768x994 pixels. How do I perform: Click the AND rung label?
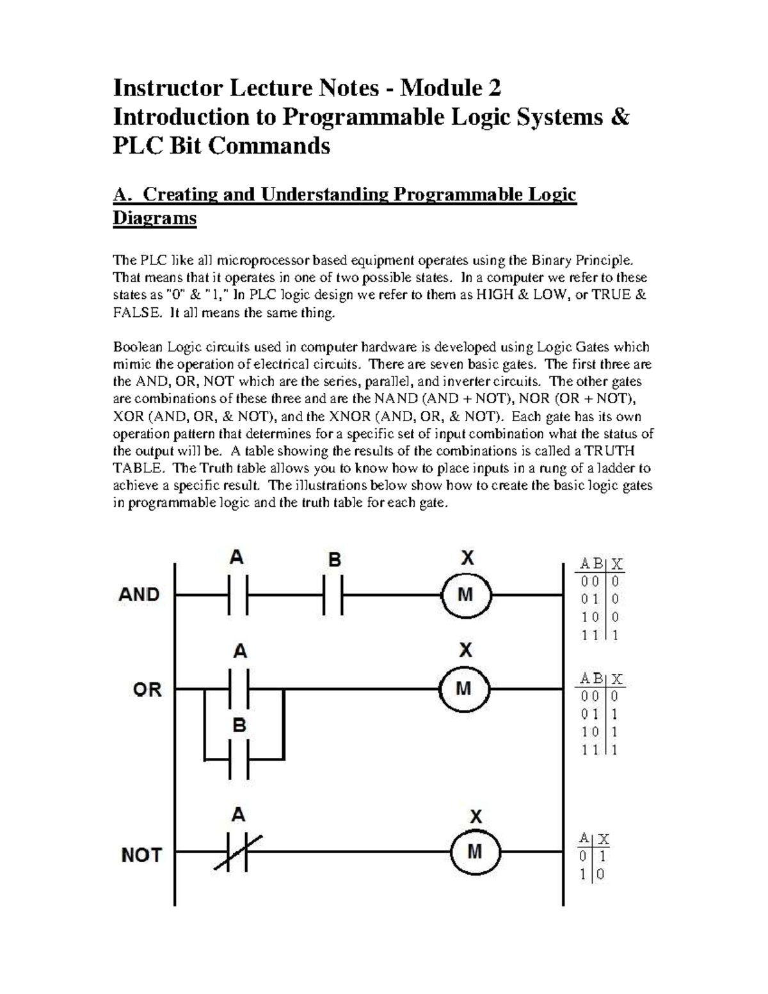(x=139, y=595)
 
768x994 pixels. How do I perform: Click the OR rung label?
(x=147, y=689)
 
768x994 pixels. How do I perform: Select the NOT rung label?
(x=142, y=854)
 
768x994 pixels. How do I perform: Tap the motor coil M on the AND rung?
(x=466, y=595)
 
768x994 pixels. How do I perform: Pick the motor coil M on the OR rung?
(x=464, y=689)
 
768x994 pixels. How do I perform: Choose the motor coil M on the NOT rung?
(x=475, y=852)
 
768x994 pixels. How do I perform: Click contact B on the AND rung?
(x=333, y=595)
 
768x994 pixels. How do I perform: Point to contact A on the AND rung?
(x=237, y=595)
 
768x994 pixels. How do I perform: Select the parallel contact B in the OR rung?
(x=239, y=759)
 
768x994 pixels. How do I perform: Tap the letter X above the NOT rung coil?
(x=476, y=817)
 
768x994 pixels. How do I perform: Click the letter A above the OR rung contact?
(x=239, y=652)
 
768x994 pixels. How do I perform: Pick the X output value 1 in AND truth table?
(x=616, y=636)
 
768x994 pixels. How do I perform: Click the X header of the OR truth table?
(x=617, y=679)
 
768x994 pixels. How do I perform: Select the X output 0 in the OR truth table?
(x=615, y=696)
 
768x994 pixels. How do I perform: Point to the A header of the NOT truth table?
(x=582, y=838)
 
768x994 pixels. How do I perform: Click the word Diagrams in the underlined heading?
(x=154, y=218)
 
